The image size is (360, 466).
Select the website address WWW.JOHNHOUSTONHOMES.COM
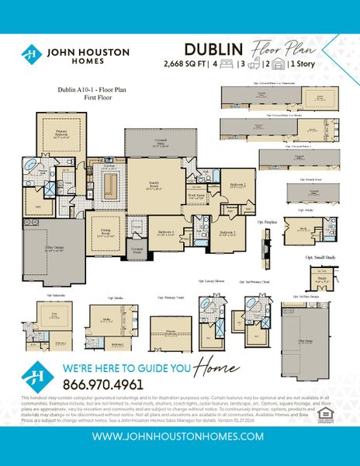(179, 436)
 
